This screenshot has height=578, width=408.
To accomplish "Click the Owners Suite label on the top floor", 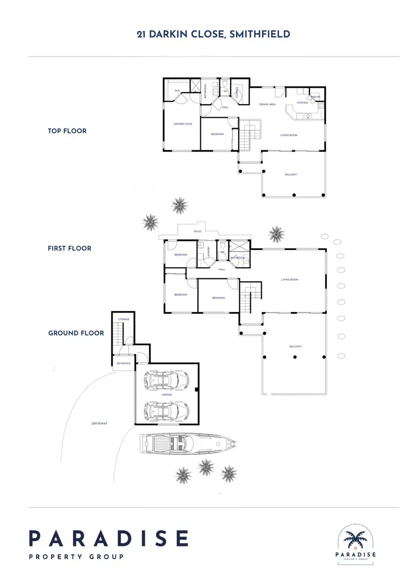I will pos(183,124).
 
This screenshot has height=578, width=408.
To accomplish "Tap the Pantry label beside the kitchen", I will pos(315,96).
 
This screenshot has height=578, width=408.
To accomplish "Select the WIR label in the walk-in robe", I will pos(177,91).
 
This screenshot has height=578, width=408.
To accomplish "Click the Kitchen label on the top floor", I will pos(302,102).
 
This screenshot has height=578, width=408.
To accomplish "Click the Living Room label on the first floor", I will pos(289,279).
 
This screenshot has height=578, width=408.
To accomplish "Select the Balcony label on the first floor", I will pos(295,346).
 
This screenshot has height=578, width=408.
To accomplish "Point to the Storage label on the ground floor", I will pos(123,319).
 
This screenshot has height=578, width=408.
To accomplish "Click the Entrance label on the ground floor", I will pos(123,363).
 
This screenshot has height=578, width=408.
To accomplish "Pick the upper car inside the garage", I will pos(167,379).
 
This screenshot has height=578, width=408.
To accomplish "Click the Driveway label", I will pos(99,423).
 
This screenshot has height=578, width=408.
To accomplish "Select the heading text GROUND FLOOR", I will pos(76,333).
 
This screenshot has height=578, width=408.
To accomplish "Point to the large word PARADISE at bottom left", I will pos(108,538).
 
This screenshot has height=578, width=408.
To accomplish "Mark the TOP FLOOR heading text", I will pos(67,131).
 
